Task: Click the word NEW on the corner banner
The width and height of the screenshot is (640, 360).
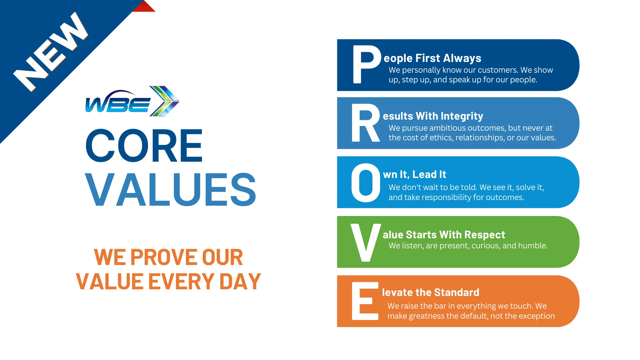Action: (51, 52)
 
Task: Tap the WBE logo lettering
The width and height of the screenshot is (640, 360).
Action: (117, 104)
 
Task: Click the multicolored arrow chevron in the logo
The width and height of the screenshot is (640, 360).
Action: (164, 101)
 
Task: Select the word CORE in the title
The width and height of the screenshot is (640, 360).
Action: (144, 146)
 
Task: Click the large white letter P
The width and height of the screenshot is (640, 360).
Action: (366, 64)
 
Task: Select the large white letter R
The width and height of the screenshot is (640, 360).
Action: (365, 123)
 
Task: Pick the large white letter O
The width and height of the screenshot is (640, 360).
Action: (366, 183)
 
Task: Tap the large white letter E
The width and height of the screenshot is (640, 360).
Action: (365, 301)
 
